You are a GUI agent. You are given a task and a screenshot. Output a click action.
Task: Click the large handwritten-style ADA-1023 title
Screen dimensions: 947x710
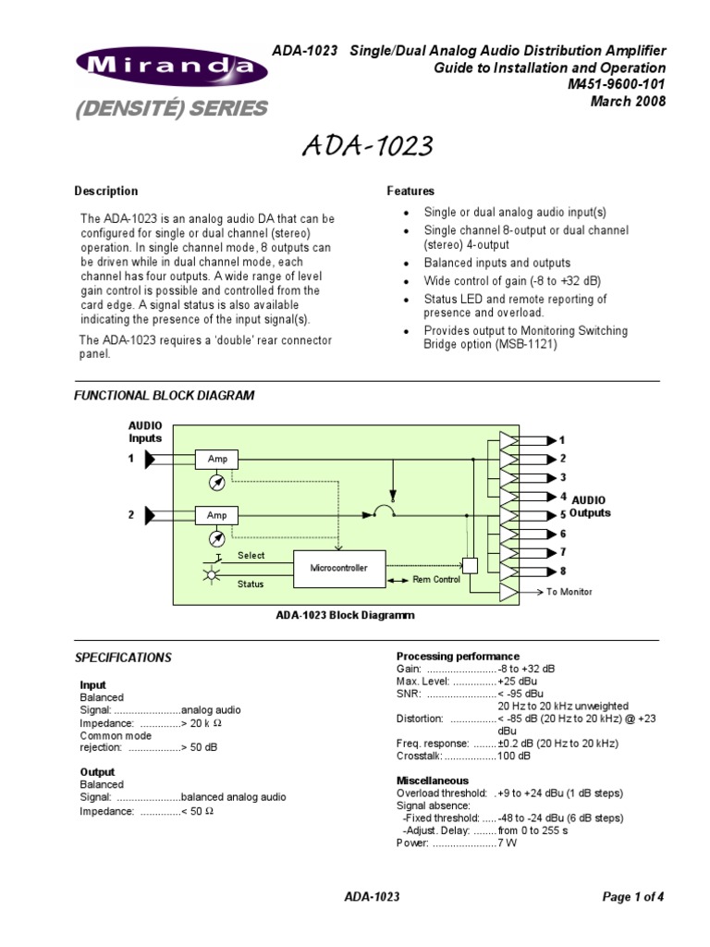coord(367,146)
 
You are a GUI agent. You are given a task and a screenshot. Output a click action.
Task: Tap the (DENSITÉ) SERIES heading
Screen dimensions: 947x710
coord(170,109)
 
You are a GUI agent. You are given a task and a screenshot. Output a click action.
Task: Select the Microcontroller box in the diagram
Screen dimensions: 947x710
coord(338,568)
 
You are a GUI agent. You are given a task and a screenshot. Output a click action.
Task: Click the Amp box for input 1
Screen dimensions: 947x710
coord(217,459)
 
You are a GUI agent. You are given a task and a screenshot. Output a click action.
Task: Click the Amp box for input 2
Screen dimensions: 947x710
coord(217,515)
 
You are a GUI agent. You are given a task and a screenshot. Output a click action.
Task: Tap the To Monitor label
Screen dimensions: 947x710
coord(569,592)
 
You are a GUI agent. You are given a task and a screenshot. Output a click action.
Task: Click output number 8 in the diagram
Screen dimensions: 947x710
coord(562,572)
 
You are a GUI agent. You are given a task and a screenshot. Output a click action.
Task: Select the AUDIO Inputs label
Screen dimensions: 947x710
coord(145,431)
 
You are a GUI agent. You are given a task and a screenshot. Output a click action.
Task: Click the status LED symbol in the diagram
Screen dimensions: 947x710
coord(211,575)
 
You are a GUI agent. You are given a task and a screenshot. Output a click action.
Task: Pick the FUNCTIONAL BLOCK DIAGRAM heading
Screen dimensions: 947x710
coord(164,396)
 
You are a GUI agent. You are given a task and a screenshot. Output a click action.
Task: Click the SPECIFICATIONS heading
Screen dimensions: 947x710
coord(123,658)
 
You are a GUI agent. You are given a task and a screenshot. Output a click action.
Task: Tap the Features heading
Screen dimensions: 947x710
coord(410,191)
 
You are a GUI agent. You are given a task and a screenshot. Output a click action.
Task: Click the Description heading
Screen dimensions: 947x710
coord(106,191)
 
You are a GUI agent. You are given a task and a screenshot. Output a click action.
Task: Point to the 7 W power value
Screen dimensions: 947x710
coord(507,843)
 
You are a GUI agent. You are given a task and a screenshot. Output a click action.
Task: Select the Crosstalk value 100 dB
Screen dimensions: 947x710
coord(514,756)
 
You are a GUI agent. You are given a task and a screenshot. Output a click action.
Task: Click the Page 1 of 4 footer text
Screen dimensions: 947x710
coord(633,896)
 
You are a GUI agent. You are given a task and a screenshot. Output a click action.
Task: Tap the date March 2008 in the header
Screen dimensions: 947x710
coord(628,101)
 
